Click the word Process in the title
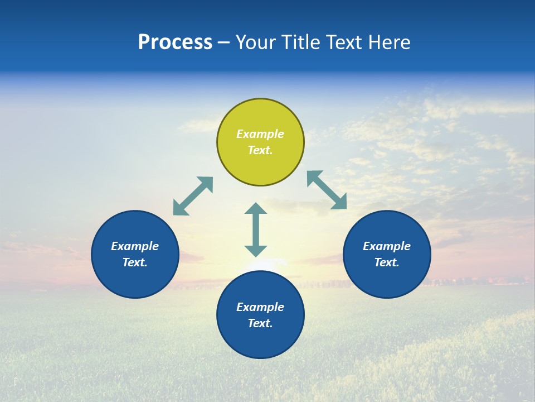click(175, 42)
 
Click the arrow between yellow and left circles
click(193, 196)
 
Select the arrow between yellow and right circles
click(327, 190)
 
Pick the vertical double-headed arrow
click(256, 229)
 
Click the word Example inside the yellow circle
click(260, 134)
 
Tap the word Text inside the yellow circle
click(260, 150)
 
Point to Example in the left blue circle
click(135, 246)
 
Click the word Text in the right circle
click(387, 262)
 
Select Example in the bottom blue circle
click(260, 307)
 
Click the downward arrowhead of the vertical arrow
click(256, 251)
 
